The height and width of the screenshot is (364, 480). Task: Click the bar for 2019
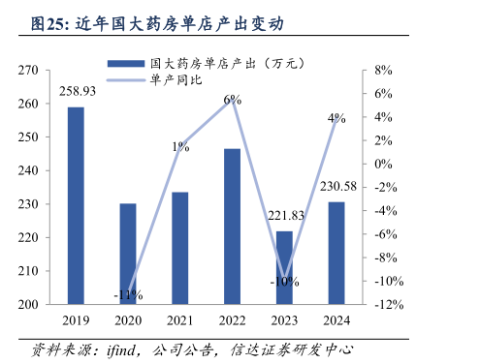click(76, 205)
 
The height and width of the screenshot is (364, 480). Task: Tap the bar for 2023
click(284, 267)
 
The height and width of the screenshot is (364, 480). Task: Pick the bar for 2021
click(179, 248)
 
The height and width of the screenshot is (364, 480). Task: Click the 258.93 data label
click(76, 91)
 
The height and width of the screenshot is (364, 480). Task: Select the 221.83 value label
click(285, 216)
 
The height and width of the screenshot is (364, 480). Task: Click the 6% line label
click(232, 100)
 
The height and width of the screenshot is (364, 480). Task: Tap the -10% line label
click(284, 282)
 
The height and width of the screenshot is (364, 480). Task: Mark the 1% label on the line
click(181, 147)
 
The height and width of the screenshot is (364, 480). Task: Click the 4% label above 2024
click(336, 118)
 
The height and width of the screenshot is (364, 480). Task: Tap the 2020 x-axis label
click(128, 320)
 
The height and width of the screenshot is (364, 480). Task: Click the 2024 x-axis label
click(336, 320)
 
